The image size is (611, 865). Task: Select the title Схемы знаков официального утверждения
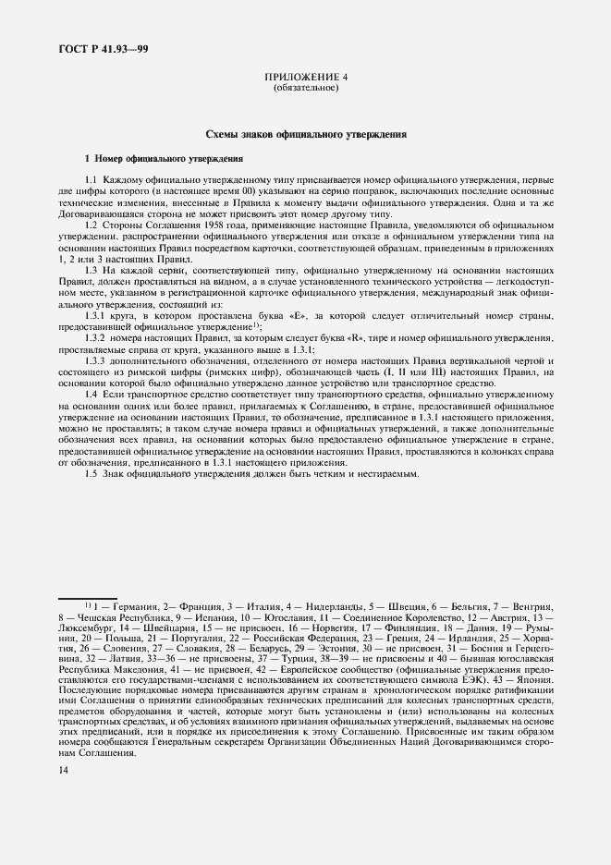coord(305,135)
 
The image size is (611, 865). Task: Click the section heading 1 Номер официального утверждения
coord(163,159)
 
